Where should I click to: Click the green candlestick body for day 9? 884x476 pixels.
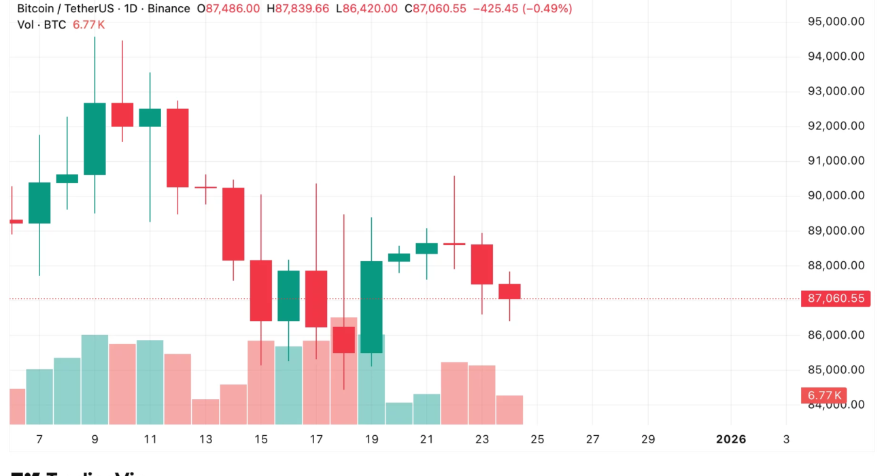(x=95, y=139)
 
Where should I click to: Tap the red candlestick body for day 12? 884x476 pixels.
(x=177, y=148)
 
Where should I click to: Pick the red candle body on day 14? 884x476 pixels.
(x=233, y=224)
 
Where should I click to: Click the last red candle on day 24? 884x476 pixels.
(x=509, y=291)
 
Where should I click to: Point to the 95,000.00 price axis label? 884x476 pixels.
(x=835, y=21)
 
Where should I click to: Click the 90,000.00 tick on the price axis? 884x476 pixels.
(x=835, y=196)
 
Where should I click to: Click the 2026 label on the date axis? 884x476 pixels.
(x=731, y=439)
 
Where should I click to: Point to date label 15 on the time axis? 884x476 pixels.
(x=261, y=439)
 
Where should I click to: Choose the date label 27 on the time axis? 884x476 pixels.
(x=592, y=439)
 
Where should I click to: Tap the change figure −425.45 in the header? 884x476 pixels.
(x=502, y=9)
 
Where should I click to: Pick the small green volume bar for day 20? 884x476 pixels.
(x=399, y=413)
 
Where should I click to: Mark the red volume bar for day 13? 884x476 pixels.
(x=205, y=412)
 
